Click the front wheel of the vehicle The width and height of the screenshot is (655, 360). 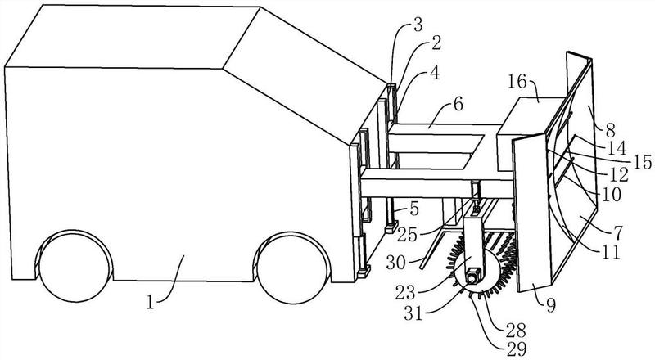pos(293,268)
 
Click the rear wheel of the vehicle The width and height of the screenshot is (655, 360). pos(75,267)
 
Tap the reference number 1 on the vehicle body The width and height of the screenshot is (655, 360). pos(151,302)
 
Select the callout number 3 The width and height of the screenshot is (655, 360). pos(417,25)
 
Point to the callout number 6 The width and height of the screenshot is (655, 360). pos(458,105)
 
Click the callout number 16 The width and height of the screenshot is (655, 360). pos(517,82)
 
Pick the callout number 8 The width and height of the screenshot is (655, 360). pos(611,131)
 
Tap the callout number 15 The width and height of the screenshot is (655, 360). pos(642,162)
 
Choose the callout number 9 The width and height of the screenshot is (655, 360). pos(551,306)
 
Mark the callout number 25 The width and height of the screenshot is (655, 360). pos(407,236)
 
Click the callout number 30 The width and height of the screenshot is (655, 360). pos(396,263)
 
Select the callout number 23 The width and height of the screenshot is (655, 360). pos(405,293)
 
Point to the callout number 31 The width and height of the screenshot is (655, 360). pos(413,313)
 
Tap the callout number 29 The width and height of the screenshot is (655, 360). pos(517,349)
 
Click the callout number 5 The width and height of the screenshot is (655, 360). pos(414,209)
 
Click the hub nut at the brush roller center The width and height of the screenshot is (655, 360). pos(473,277)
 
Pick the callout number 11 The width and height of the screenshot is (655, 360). pos(611,252)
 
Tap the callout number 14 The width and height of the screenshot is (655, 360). pos(618,147)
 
